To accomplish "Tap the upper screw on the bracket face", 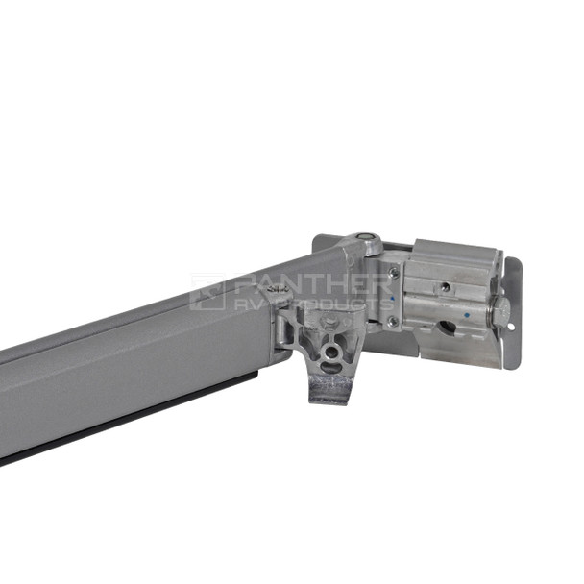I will pos(394,273).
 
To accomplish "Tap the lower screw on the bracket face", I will pos(392,321).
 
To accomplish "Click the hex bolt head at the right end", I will pos(500,309).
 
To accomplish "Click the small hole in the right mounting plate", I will pos(511,327).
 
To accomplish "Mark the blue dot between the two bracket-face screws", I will pos(392,300).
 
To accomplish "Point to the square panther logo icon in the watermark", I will pos(207,292).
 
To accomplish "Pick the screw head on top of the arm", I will pos(280,286).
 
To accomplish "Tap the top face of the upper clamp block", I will pos(451,252).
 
